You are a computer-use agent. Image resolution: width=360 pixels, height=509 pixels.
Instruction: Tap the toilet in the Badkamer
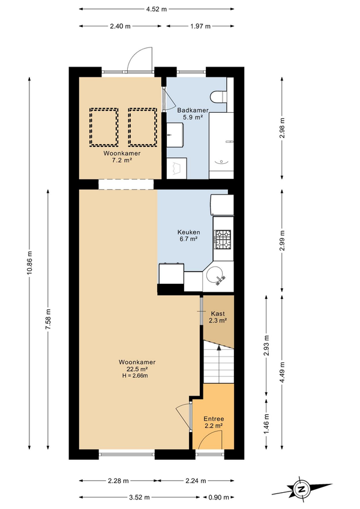(218, 97)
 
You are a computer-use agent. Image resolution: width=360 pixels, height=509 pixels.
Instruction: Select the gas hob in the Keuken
(223, 239)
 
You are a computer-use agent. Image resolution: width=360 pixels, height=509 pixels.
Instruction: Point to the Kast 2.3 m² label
(218, 317)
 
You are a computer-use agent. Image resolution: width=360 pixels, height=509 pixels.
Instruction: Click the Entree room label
(214, 419)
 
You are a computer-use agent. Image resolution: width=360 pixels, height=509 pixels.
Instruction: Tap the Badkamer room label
(193, 110)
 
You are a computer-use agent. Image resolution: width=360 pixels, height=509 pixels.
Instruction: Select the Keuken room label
(188, 232)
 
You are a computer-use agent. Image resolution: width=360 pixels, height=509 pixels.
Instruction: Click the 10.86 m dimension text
(29, 263)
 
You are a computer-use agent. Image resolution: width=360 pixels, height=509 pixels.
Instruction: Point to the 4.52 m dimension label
(156, 9)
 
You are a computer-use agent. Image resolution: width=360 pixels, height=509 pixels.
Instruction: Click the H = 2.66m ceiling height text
(135, 376)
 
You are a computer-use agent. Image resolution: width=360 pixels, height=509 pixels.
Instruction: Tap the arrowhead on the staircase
(219, 348)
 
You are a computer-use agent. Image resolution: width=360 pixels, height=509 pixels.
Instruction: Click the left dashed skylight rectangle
(104, 127)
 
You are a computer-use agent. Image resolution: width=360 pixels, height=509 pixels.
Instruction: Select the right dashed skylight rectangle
(143, 127)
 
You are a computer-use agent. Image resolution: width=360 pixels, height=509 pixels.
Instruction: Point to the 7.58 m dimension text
(48, 319)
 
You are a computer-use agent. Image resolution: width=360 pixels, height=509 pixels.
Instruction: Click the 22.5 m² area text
(137, 369)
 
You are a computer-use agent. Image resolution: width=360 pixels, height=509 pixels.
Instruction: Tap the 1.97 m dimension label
(200, 26)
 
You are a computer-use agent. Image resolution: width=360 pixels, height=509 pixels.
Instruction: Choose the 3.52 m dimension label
(139, 497)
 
